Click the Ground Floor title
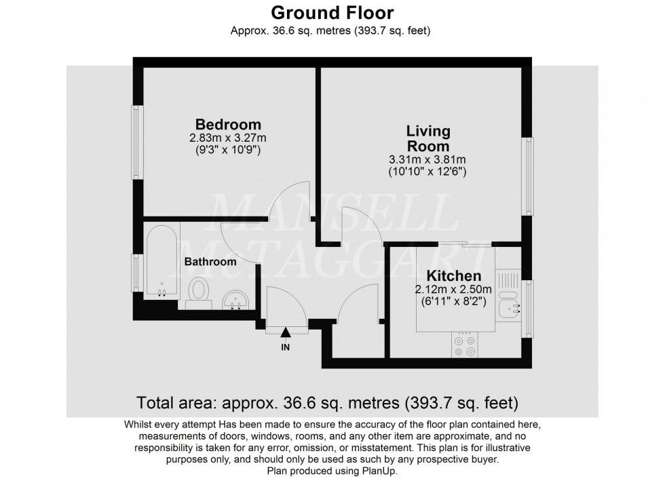(x=332, y=12)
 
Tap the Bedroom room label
(x=228, y=125)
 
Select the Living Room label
(x=427, y=138)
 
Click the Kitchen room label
(x=453, y=276)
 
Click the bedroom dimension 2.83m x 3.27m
(x=228, y=138)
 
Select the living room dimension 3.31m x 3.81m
(x=427, y=160)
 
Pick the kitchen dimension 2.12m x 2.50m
(x=453, y=289)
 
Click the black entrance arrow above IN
(x=285, y=332)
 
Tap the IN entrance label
(x=285, y=347)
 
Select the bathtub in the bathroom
(x=161, y=261)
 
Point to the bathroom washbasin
(x=236, y=299)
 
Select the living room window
(x=527, y=176)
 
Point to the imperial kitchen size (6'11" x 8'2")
(x=453, y=302)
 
